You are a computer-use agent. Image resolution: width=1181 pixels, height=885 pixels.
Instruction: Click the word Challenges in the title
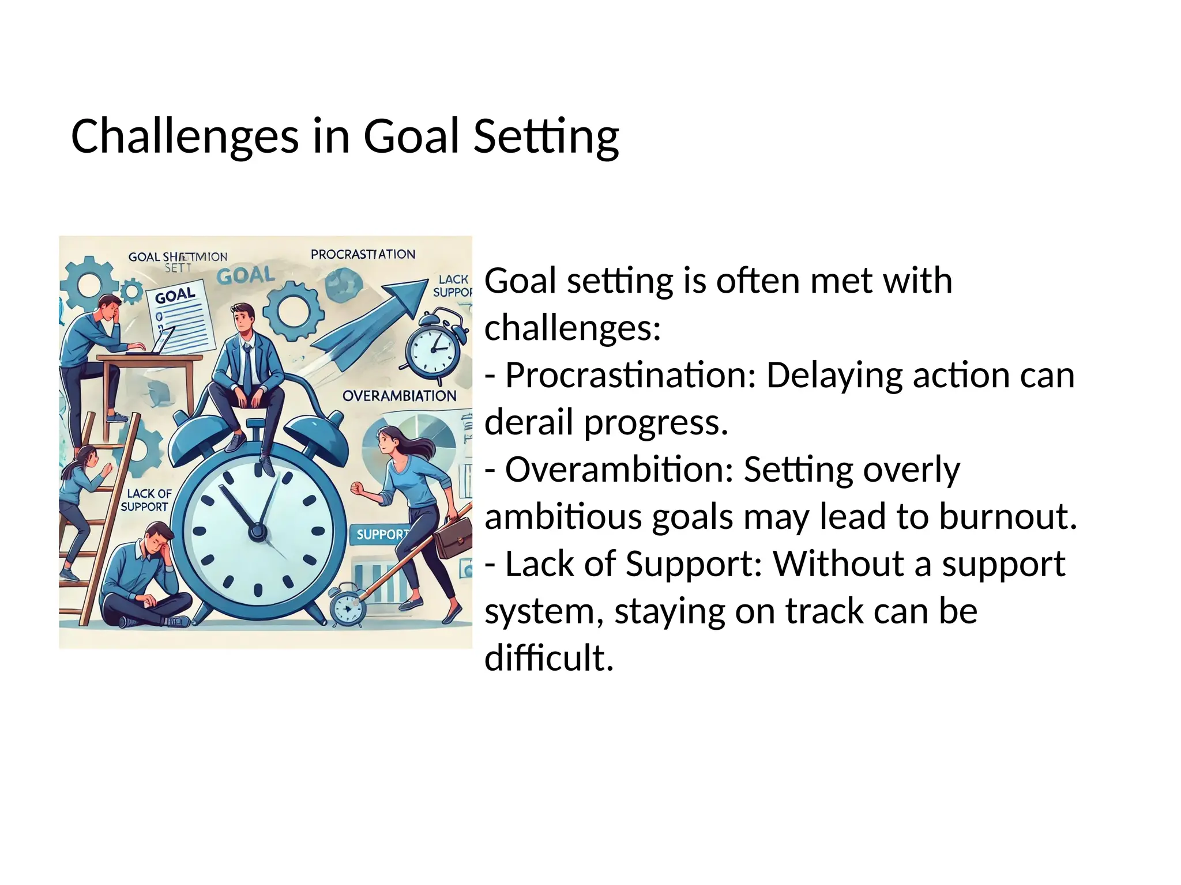(x=185, y=137)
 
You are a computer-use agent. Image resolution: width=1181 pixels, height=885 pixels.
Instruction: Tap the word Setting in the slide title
(x=546, y=137)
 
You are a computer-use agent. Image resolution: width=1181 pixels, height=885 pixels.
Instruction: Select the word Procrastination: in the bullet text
(x=630, y=375)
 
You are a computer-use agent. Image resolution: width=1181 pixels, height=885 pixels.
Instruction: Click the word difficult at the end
(x=548, y=657)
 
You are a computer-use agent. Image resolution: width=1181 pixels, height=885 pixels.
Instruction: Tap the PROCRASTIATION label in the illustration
(x=363, y=254)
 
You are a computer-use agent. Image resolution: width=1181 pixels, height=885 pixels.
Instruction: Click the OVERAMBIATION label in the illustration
(x=399, y=396)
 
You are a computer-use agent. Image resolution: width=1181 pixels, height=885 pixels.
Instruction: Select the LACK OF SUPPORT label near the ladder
(x=147, y=500)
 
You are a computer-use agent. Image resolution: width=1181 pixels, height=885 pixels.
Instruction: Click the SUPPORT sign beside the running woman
(x=381, y=534)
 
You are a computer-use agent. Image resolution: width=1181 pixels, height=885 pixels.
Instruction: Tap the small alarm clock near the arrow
(x=437, y=346)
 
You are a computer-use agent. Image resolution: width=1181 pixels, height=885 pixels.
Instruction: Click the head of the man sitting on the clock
(x=243, y=317)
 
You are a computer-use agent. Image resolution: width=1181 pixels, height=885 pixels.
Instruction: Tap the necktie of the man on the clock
(x=247, y=369)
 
